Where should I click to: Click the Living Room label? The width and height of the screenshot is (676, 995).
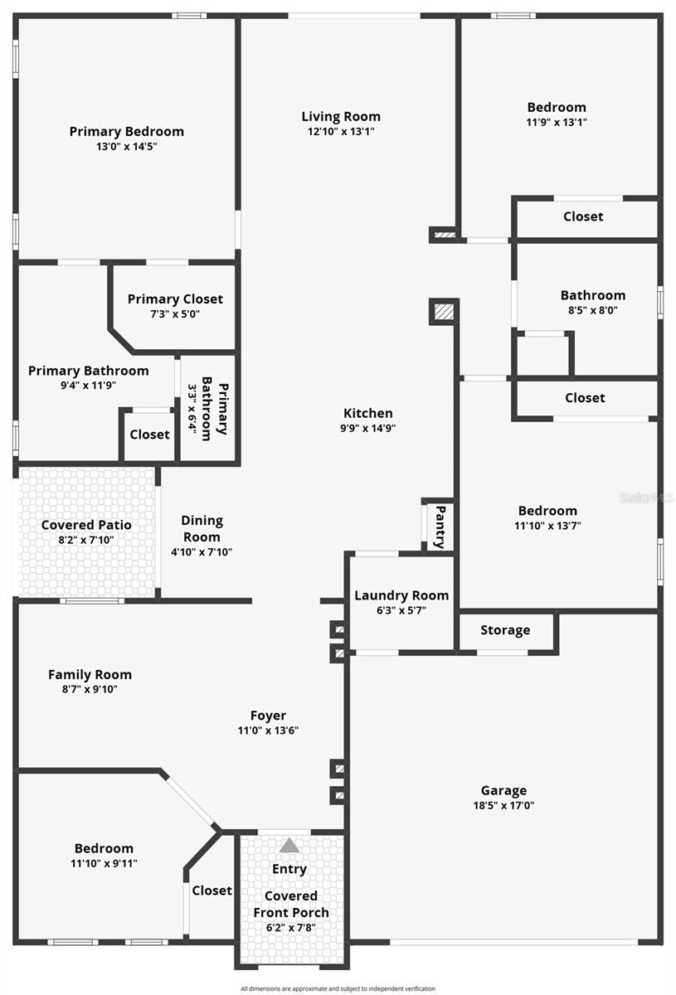[x=341, y=116]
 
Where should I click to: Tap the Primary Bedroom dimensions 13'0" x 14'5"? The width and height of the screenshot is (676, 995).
[x=126, y=146]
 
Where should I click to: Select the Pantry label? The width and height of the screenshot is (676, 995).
[x=440, y=527]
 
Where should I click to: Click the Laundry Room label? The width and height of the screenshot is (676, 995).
[x=401, y=595]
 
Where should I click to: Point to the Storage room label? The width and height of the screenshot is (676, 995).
[x=505, y=630]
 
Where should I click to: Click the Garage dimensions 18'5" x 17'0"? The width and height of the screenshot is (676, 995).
[x=503, y=805]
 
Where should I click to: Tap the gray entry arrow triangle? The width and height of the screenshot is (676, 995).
[x=289, y=846]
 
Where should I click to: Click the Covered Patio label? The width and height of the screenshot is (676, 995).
[x=86, y=525]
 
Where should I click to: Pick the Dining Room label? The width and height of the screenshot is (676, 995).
[x=202, y=528]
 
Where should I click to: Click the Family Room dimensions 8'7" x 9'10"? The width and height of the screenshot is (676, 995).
[x=90, y=689]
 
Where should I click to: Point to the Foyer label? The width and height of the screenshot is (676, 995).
[x=268, y=716]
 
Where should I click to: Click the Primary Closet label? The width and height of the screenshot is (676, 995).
[x=175, y=298]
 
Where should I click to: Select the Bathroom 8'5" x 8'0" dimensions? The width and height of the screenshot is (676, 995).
[x=593, y=310]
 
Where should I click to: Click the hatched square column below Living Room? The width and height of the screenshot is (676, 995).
[x=444, y=312]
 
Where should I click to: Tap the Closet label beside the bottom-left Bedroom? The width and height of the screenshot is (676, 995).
[x=212, y=890]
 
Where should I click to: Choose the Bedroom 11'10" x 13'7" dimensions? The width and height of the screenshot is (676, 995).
[x=547, y=525]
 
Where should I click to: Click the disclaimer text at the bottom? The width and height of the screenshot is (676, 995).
[x=338, y=988]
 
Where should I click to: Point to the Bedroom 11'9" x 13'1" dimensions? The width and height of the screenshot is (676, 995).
[x=557, y=122]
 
